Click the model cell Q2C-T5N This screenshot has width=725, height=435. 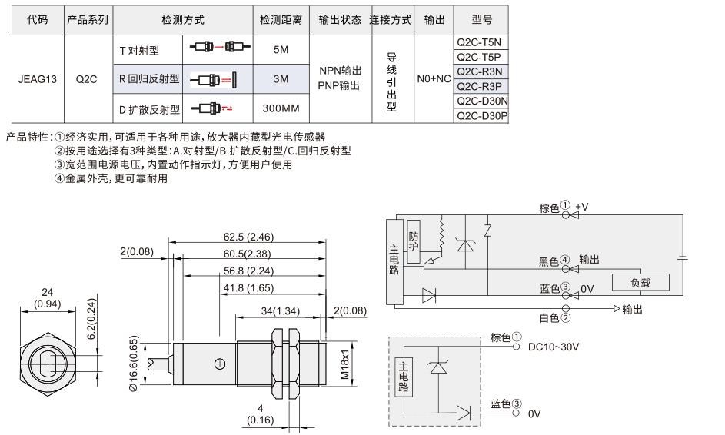pos(481,42)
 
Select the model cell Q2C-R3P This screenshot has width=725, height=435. pos(481,86)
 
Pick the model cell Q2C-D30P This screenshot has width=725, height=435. pos(481,116)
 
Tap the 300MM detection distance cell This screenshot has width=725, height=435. pos(281,108)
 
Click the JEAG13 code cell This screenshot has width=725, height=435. pos(38,79)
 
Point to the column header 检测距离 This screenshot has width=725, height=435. pos(281,20)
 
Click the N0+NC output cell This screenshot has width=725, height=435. pos(434,79)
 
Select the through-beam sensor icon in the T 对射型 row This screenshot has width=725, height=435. pos(220,47)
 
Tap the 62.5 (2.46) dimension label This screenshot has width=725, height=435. pos(248,237)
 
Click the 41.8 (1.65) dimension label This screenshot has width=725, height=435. pos(248,288)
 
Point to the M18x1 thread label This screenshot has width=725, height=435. pos(345,364)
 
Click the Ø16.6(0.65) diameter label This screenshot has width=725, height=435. pos(134,364)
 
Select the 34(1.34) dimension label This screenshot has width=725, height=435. pos(280,311)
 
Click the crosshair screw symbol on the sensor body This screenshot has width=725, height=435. pos(220,364)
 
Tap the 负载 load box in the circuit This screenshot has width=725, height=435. pos(640,283)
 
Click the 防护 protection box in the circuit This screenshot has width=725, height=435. pos(414,242)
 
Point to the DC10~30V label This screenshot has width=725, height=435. pos(554,347)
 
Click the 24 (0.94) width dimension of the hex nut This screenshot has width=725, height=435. pos(47,298)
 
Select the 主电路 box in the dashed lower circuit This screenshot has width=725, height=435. pos(404,377)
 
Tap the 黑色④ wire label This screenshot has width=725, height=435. pos(554,261)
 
